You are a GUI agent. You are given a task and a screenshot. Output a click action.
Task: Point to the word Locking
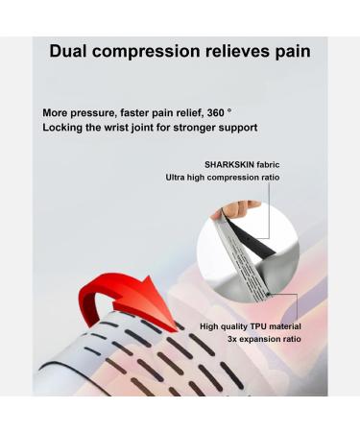63,127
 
